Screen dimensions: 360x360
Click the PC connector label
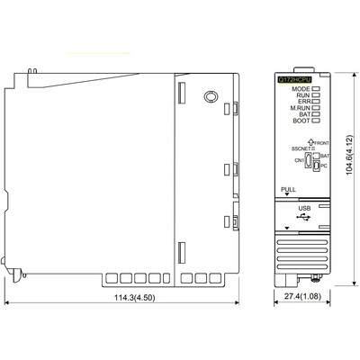(323, 166)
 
